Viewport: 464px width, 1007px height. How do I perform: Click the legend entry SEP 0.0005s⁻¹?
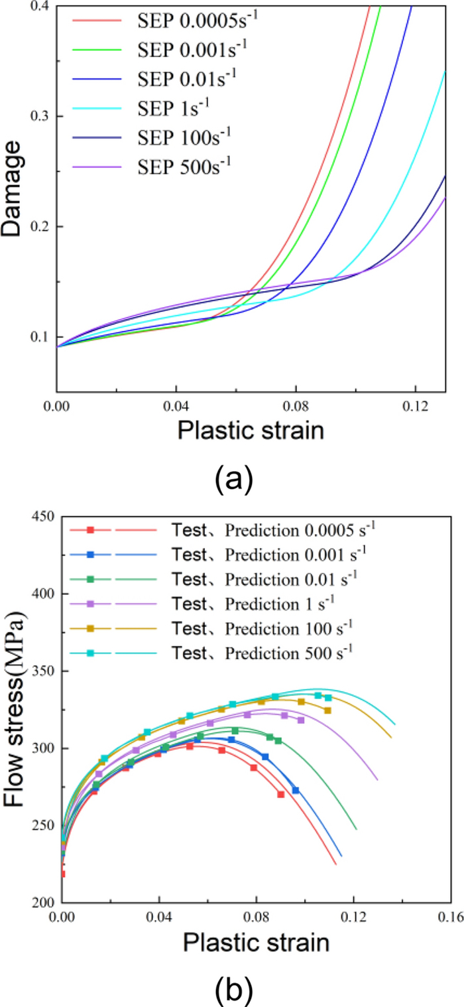click(x=196, y=21)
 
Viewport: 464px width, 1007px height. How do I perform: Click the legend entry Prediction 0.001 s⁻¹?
click(x=265, y=553)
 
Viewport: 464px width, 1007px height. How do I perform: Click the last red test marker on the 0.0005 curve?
click(x=280, y=794)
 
